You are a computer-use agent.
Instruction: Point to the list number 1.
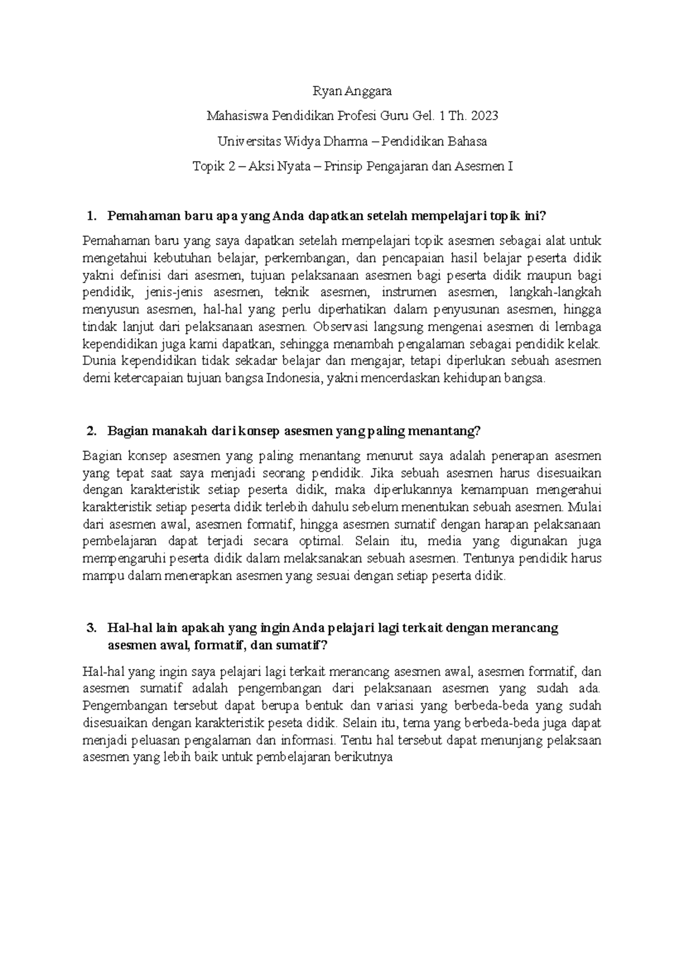pos(88,216)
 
